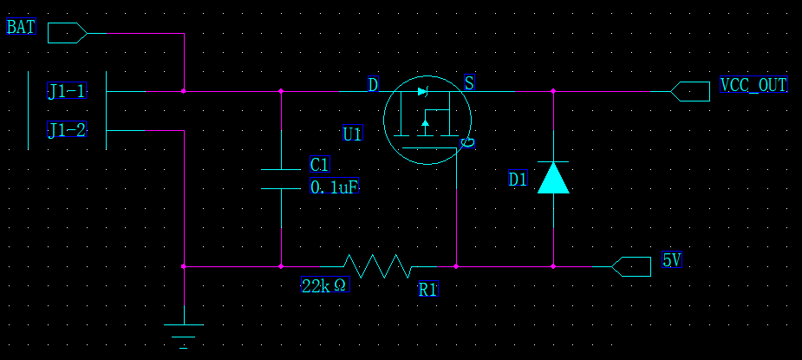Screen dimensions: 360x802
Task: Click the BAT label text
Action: point(21,27)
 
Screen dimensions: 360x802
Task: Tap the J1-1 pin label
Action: point(67,91)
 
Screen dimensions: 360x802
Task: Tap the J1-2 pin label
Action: point(67,130)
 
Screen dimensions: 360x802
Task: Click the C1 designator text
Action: point(320,166)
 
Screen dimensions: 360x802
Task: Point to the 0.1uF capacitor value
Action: point(334,187)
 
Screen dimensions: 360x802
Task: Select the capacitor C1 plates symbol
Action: point(281,178)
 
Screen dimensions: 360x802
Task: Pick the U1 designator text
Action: point(352,134)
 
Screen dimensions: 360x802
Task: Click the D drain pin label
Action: point(373,84)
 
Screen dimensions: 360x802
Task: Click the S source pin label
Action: point(469,83)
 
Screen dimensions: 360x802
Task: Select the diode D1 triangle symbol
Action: point(553,177)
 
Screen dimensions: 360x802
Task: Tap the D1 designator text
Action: point(518,180)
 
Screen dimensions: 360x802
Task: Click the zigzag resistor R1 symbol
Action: point(377,265)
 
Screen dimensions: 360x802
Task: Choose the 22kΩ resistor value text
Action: point(325,285)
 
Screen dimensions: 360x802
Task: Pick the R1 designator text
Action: point(428,290)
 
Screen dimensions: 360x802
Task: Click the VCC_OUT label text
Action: point(753,85)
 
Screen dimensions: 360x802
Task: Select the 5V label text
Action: point(672,260)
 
